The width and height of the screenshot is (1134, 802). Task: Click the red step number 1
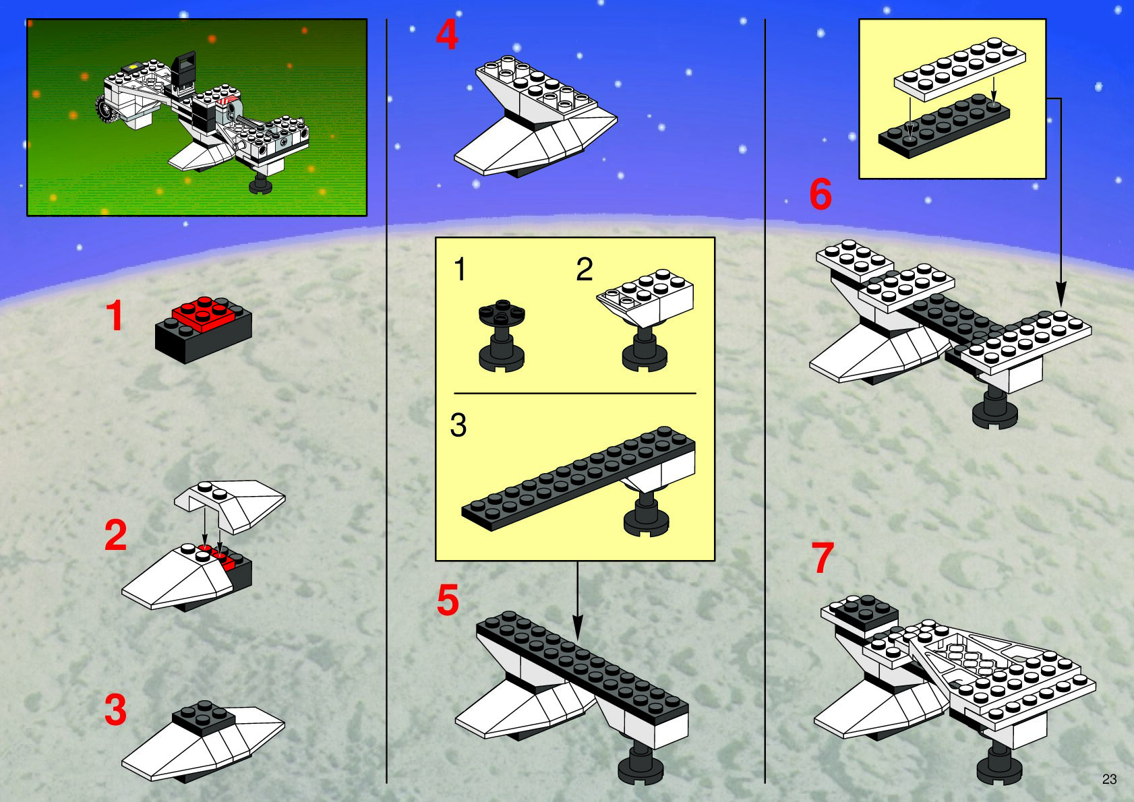point(115,315)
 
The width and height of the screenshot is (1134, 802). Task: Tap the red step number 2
point(116,535)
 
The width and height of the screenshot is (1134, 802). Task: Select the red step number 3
point(115,710)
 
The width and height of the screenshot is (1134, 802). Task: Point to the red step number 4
point(447,34)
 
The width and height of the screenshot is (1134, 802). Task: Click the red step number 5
point(448,600)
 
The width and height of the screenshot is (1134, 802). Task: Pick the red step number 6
point(820,194)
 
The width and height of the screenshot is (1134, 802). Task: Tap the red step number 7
point(823,557)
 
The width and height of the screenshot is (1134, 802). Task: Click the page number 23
point(1109,779)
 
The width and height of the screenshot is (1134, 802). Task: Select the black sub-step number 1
point(460,269)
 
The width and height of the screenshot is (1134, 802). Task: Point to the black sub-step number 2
point(585,269)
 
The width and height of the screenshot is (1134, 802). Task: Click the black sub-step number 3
point(458,425)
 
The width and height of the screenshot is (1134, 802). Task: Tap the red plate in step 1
point(204,313)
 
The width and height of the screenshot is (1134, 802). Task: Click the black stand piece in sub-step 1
point(502,336)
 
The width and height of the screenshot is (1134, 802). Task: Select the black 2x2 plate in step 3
point(204,718)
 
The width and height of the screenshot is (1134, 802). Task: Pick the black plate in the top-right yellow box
point(945,126)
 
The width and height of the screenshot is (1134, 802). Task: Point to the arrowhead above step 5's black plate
point(578,626)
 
